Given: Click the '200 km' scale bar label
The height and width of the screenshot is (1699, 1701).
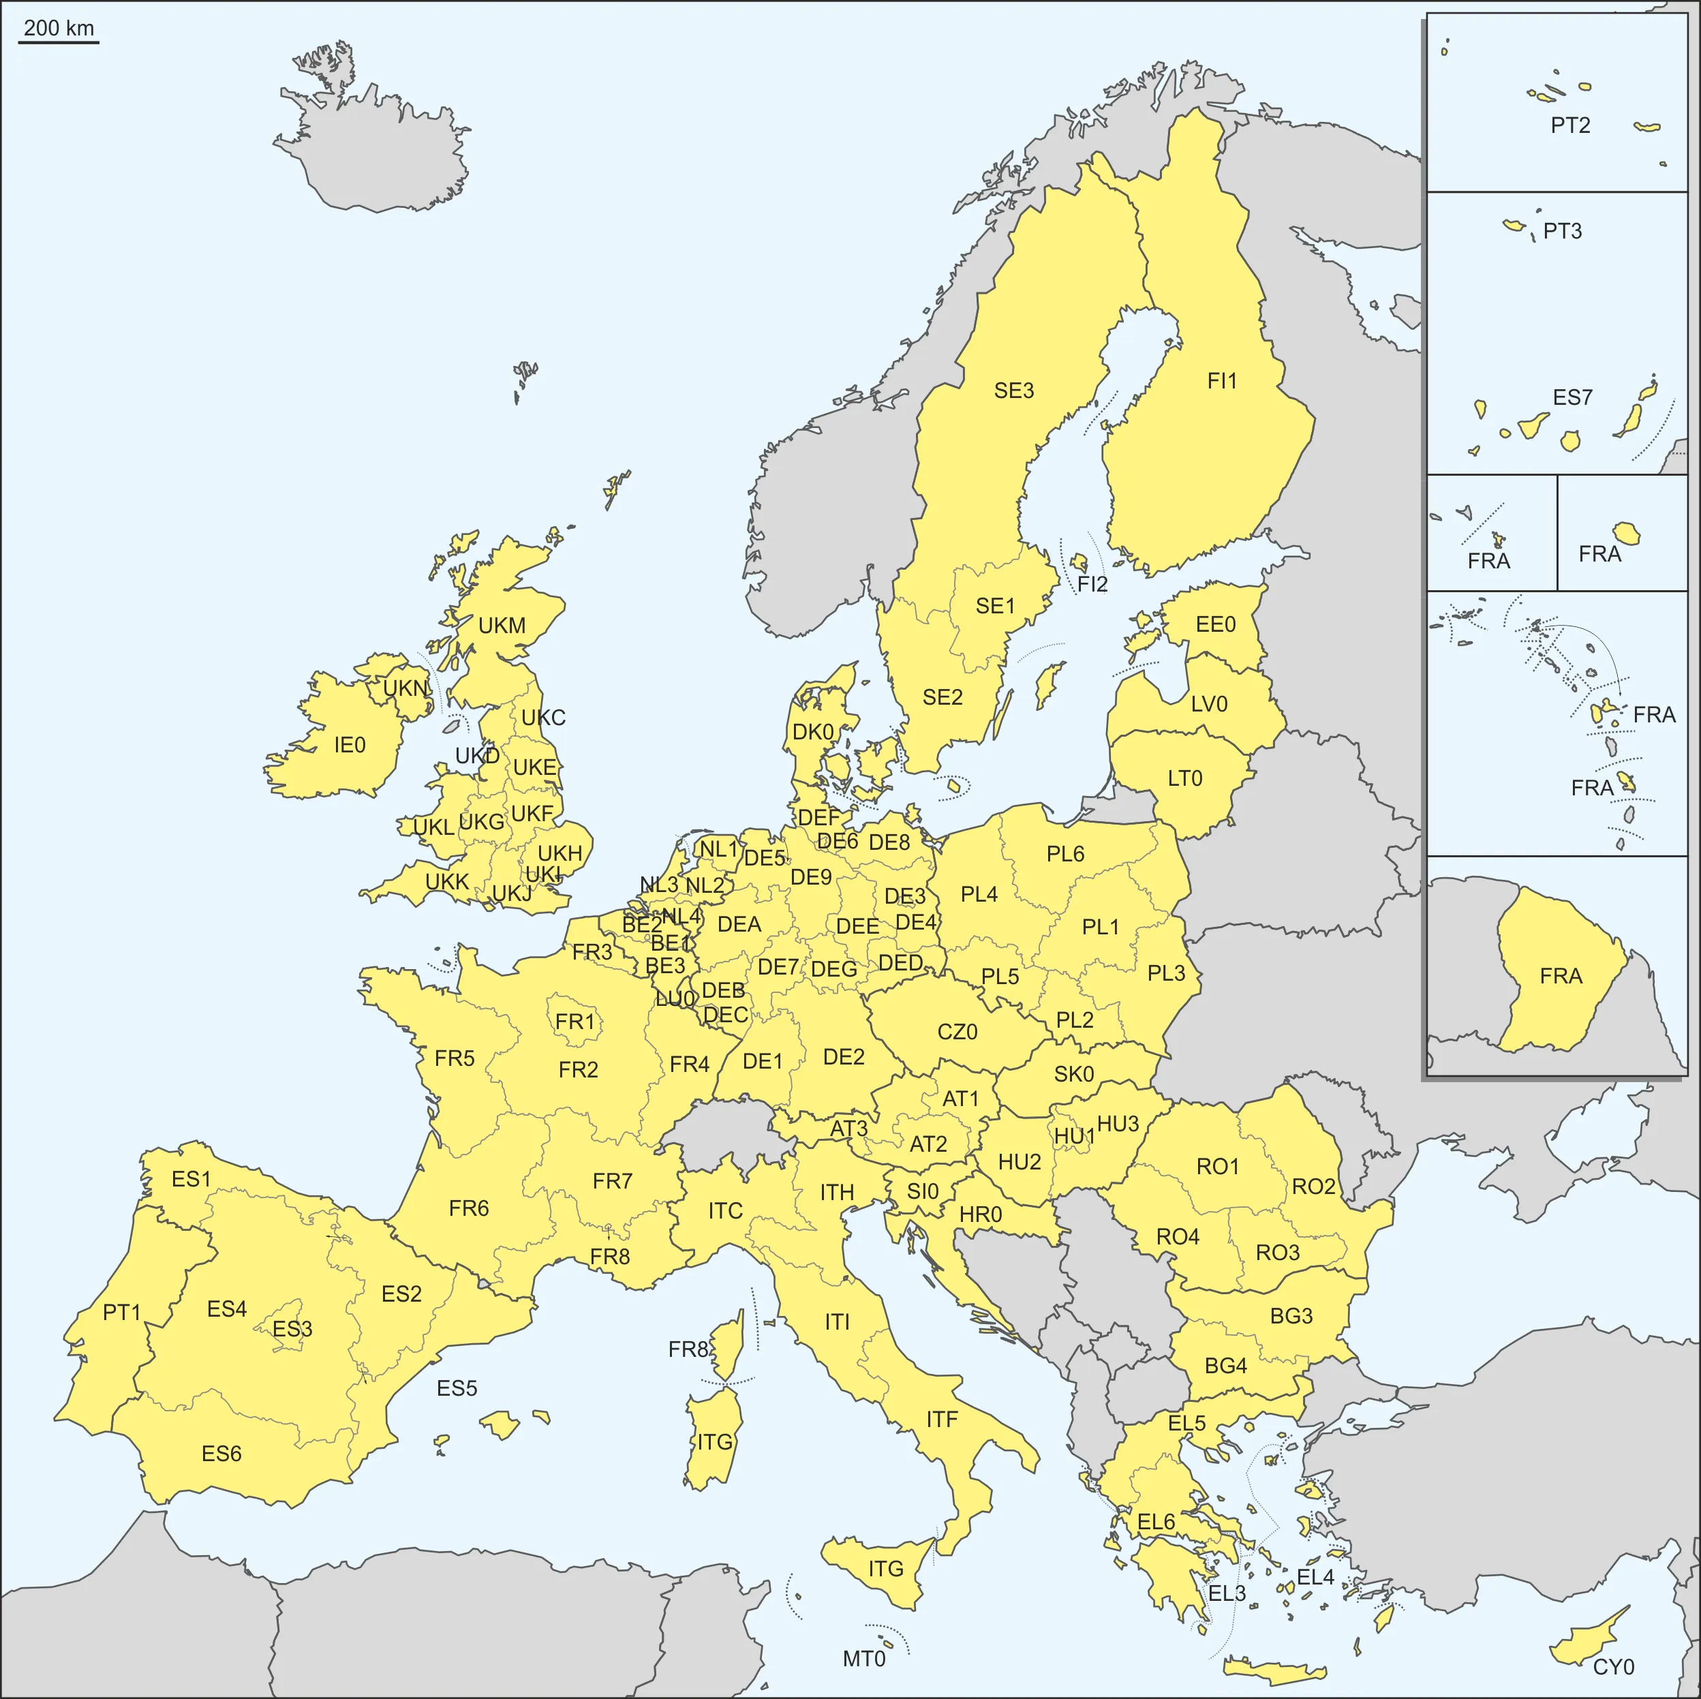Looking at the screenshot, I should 58,28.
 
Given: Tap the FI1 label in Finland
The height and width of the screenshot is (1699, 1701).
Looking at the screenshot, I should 1222,381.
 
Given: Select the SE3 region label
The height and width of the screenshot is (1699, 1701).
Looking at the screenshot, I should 1013,391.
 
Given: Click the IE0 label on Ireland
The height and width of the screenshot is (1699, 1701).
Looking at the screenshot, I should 350,745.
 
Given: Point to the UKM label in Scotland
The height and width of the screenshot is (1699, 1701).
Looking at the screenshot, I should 502,626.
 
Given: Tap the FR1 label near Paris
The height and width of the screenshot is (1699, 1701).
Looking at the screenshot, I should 575,1022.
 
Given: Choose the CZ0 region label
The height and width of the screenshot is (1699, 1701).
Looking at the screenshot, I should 957,1032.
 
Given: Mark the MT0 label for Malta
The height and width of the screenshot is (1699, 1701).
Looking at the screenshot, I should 863,1659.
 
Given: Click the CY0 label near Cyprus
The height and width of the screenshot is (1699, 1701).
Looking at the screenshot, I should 1614,1666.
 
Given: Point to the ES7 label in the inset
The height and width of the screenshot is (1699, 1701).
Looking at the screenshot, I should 1572,398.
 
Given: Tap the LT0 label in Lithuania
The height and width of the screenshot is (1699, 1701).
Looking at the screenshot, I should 1185,778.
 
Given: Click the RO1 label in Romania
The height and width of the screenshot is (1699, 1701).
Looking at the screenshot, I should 1218,1167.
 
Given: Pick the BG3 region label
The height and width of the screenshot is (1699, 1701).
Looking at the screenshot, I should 1291,1316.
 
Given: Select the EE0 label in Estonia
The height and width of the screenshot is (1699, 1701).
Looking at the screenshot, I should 1216,625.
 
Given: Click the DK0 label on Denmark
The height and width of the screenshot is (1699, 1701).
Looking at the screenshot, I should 812,733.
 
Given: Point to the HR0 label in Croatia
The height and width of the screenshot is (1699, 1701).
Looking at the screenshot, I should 981,1215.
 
